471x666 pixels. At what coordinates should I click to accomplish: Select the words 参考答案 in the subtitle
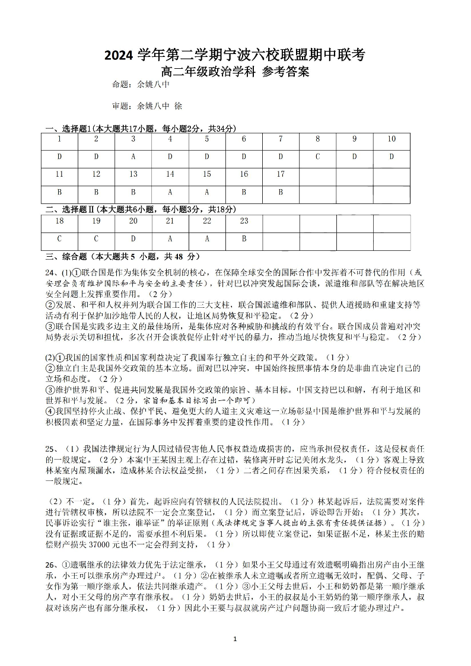[286, 72]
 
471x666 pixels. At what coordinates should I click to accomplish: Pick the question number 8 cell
[317, 139]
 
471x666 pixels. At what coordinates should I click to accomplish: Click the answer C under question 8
[317, 157]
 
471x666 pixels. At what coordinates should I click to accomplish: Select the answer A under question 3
[133, 157]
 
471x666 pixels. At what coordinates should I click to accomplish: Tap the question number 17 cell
[281, 175]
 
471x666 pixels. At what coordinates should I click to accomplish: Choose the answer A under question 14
[170, 192]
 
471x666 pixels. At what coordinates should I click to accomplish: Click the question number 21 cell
[170, 221]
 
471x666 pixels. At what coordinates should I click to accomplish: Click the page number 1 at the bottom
[235, 639]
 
